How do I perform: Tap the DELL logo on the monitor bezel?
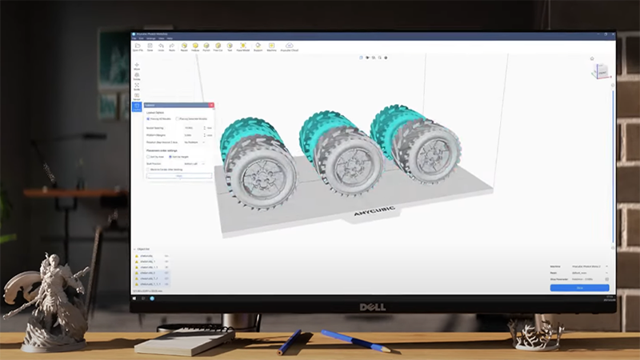372,306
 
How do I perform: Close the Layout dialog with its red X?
211,106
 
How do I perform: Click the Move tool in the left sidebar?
137,66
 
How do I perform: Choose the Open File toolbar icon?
137,47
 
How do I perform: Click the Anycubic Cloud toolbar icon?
289,47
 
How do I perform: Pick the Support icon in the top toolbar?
257,47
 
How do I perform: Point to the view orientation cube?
598,71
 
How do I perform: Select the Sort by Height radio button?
172,157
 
